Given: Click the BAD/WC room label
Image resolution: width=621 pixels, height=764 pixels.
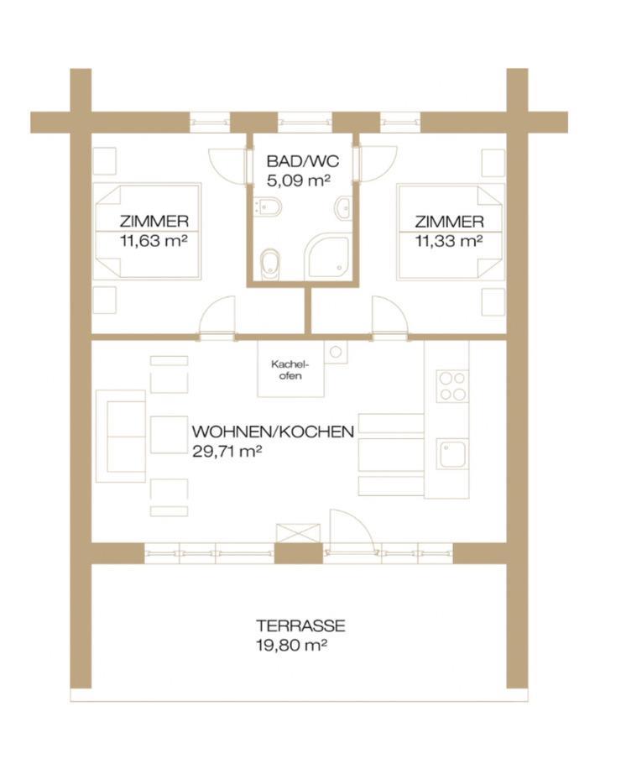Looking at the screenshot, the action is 302,161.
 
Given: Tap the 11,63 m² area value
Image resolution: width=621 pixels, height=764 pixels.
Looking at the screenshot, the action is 154,241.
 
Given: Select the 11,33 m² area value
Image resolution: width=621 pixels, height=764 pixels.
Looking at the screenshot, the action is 449,241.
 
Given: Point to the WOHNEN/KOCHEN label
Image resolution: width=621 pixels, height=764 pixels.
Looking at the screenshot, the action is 273,432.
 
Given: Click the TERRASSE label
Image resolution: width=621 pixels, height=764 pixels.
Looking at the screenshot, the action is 300,625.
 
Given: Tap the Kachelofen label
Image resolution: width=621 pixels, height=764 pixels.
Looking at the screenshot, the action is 290,369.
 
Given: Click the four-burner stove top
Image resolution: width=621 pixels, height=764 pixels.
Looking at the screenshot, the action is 452,386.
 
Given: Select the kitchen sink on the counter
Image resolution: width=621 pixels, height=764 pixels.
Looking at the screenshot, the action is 452,454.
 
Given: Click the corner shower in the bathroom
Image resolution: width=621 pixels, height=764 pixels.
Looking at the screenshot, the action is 326,257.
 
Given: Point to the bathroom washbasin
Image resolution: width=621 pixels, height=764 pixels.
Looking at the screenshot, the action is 343,208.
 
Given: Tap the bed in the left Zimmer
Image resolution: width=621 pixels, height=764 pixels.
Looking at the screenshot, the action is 147,232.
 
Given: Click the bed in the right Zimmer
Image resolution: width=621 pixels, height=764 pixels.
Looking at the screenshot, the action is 450,232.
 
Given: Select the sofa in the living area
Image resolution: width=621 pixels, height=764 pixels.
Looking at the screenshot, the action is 121,436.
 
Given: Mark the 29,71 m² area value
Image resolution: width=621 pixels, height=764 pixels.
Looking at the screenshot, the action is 227,451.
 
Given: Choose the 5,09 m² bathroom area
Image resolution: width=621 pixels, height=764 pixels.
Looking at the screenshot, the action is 298,181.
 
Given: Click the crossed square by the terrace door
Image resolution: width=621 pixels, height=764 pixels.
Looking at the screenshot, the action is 299,532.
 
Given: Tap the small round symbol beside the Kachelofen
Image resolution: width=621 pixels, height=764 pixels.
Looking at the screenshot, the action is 336,351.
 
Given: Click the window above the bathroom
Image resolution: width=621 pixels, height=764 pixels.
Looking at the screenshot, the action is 305,123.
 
